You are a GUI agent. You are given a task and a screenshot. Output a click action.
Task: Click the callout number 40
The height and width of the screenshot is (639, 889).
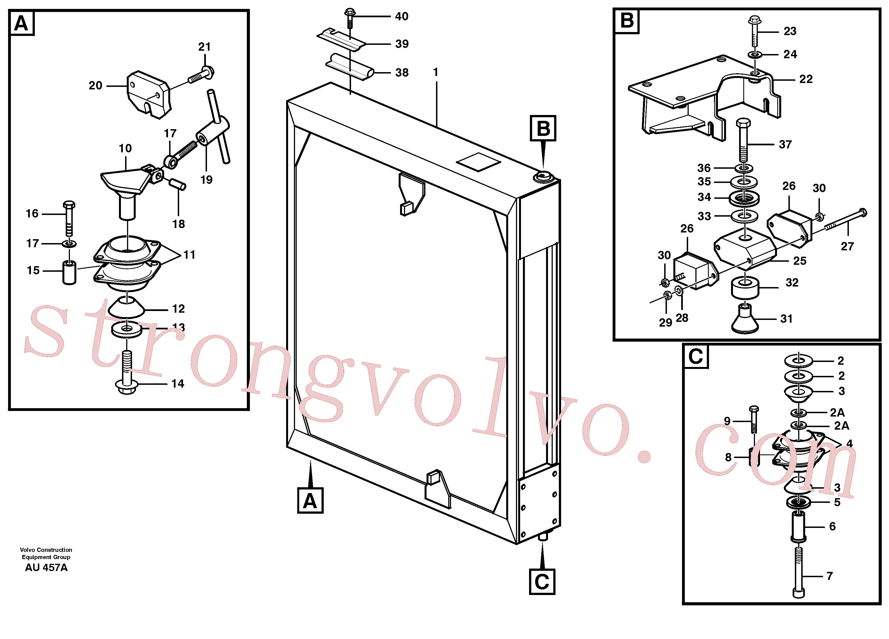point(401,16)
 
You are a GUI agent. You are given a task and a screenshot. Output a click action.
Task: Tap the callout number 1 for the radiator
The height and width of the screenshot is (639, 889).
point(435,72)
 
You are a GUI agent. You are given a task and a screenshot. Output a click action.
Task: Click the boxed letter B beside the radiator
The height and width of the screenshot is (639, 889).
point(543,128)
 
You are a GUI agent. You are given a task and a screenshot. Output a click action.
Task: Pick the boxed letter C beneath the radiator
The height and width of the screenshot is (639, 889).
point(542,582)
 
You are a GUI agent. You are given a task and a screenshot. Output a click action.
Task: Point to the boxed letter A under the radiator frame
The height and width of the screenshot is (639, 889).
point(310,500)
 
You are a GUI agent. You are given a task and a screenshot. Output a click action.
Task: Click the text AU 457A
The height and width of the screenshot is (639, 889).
point(46,568)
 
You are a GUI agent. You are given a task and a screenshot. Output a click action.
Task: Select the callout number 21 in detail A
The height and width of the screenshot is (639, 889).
point(204,46)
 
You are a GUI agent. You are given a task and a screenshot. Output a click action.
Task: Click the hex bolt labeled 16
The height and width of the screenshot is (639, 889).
point(69,218)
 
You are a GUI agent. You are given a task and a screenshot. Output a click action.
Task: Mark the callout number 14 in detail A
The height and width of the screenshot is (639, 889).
point(177,384)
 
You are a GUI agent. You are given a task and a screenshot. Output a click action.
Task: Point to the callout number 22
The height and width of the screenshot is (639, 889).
point(806,79)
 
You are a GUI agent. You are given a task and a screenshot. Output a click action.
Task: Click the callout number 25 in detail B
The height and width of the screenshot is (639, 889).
point(800,261)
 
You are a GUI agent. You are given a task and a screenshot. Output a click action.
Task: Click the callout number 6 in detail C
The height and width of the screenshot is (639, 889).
point(832,526)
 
